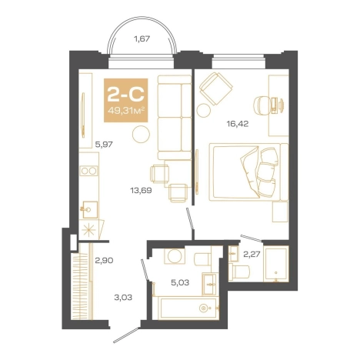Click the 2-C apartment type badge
click(125, 100)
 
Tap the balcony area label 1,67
click(142, 39)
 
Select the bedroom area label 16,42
click(238, 124)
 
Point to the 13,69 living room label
click(141, 190)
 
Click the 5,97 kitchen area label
click(104, 145)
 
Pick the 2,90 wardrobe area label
click(104, 261)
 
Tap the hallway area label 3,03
click(123, 298)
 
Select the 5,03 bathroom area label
click(180, 282)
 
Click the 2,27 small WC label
click(252, 254)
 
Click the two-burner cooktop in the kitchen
click(88, 171)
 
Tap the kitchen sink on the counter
click(90, 210)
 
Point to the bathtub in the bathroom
click(188, 308)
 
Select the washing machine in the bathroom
click(175, 255)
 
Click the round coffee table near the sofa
click(141, 134)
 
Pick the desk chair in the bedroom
click(261, 104)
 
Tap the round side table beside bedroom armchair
click(204, 110)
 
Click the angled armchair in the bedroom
click(216, 88)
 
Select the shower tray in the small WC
click(276, 264)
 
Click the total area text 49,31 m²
click(125, 111)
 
